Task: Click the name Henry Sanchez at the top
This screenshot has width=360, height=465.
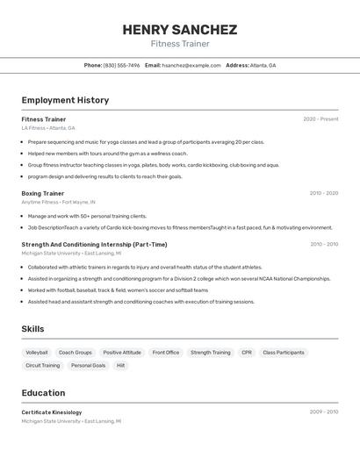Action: tap(179, 29)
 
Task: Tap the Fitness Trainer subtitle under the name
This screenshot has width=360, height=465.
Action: tap(179, 44)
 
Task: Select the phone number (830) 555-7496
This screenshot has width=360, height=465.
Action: tap(121, 65)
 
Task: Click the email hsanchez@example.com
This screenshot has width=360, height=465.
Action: tap(191, 65)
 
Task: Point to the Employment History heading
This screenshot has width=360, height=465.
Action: tap(65, 100)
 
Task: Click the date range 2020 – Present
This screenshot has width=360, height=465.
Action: tap(320, 119)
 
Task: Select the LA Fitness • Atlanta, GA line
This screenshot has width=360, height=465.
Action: tap(48, 128)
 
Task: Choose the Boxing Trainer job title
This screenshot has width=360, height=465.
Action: tap(43, 193)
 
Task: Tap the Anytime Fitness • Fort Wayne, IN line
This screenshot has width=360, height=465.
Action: tap(58, 202)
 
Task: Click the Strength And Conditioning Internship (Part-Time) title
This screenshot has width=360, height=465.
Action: tap(94, 245)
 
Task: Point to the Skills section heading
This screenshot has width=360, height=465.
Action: tap(33, 329)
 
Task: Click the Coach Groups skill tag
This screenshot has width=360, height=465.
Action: tap(76, 353)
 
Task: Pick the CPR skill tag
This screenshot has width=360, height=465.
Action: tap(247, 353)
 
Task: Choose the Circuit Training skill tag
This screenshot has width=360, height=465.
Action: tap(43, 365)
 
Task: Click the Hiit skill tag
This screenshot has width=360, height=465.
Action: tap(121, 365)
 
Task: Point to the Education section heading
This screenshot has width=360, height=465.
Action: tap(43, 393)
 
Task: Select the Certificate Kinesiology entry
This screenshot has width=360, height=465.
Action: tap(52, 412)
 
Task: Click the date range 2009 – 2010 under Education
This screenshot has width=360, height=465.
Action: tap(323, 412)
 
